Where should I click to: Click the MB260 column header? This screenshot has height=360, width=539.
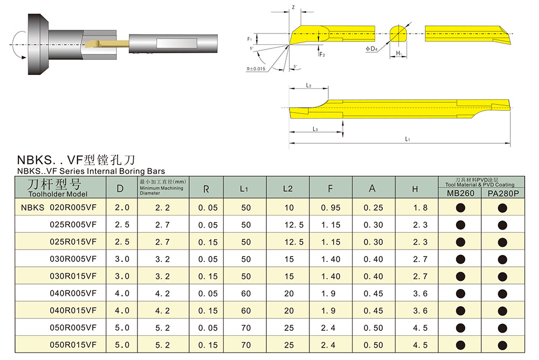click(460, 193)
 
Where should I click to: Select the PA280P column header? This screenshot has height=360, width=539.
click(503, 193)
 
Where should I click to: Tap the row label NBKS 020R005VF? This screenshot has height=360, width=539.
click(59, 207)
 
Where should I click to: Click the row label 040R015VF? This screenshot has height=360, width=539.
click(73, 310)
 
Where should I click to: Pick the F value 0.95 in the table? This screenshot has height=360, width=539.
click(331, 207)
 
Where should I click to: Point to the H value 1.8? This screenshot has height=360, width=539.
click(420, 207)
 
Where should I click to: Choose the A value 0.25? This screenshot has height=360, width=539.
click(374, 207)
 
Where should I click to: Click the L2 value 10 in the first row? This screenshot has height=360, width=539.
click(289, 207)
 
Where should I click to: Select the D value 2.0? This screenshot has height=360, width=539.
click(122, 207)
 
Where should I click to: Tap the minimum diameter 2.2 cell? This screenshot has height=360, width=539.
click(163, 207)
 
